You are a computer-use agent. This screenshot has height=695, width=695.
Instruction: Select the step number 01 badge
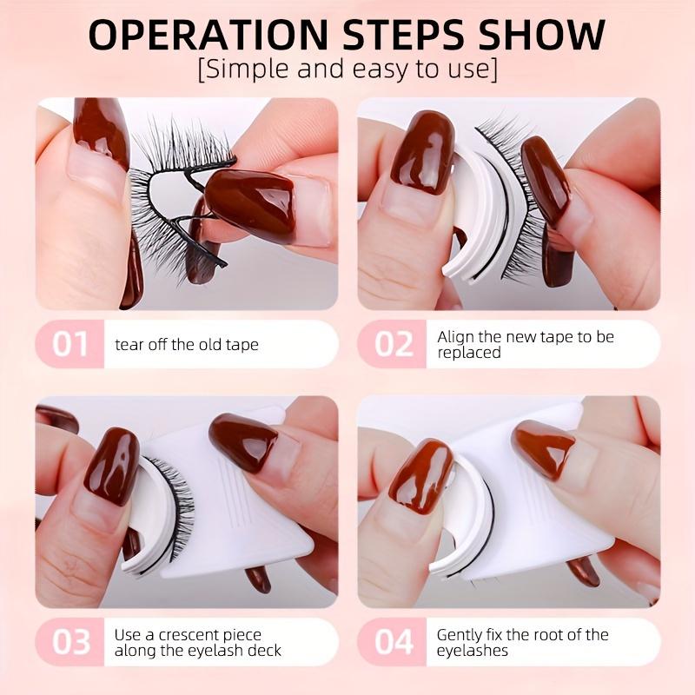point(69,344)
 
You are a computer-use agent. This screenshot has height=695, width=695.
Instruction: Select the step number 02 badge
point(394,344)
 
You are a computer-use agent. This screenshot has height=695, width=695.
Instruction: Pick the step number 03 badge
point(69,642)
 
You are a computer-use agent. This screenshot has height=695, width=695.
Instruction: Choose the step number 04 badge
point(394,642)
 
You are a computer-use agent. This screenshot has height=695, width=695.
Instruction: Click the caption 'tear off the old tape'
point(186,345)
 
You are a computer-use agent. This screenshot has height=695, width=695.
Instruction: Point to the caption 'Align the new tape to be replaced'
point(525,344)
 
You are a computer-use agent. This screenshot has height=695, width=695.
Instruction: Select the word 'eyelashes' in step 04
point(473,651)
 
